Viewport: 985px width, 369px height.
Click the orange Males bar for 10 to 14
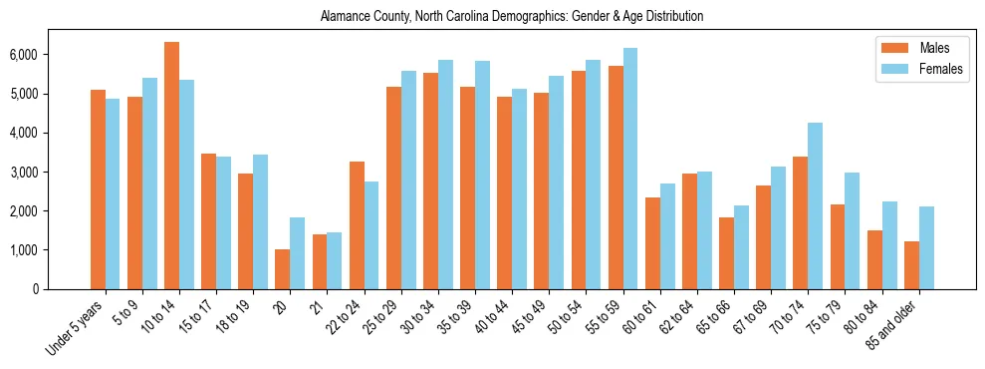(x=171, y=166)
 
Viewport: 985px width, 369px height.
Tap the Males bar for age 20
(x=283, y=269)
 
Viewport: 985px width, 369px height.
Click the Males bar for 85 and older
(x=911, y=265)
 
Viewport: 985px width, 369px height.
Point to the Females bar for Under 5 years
(x=113, y=194)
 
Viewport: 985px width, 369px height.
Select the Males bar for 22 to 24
(x=357, y=225)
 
